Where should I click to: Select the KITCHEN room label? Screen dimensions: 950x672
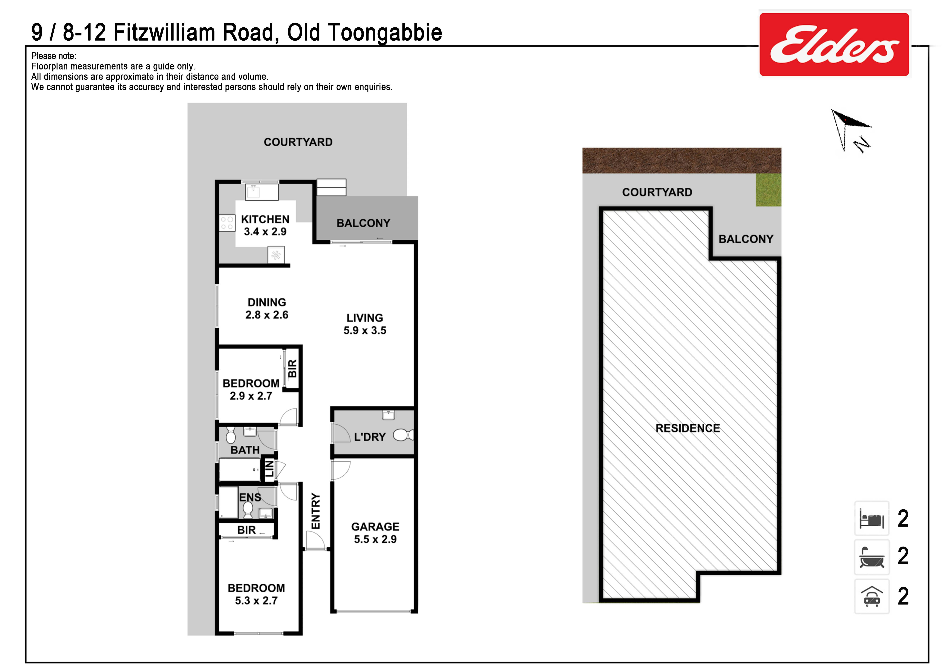265,219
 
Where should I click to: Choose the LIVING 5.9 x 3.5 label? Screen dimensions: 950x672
365,324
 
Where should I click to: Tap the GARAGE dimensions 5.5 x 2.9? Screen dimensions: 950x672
375,539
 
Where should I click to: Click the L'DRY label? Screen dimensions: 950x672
370,437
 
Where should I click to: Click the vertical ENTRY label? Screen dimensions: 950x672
316,511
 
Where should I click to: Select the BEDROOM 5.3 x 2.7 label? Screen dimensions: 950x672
257,594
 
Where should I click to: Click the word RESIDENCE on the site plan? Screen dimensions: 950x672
688,428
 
